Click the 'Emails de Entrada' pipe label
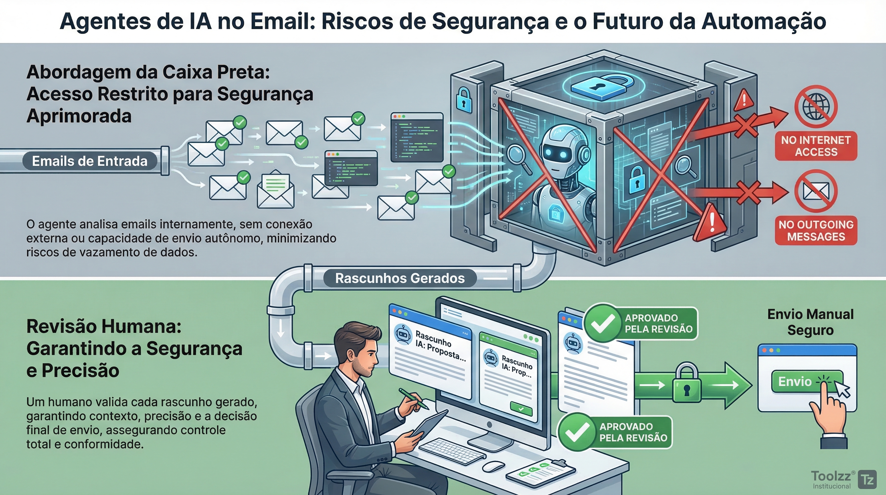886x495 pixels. (90, 161)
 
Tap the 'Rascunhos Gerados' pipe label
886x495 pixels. (400, 278)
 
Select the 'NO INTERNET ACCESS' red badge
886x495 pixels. (816, 146)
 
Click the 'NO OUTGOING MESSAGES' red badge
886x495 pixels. (816, 231)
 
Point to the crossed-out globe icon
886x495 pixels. (815, 107)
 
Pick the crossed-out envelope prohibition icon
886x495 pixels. (815, 191)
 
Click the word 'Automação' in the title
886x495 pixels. (763, 21)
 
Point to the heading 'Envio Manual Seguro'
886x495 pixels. (810, 322)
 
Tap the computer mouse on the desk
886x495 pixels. (493, 466)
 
